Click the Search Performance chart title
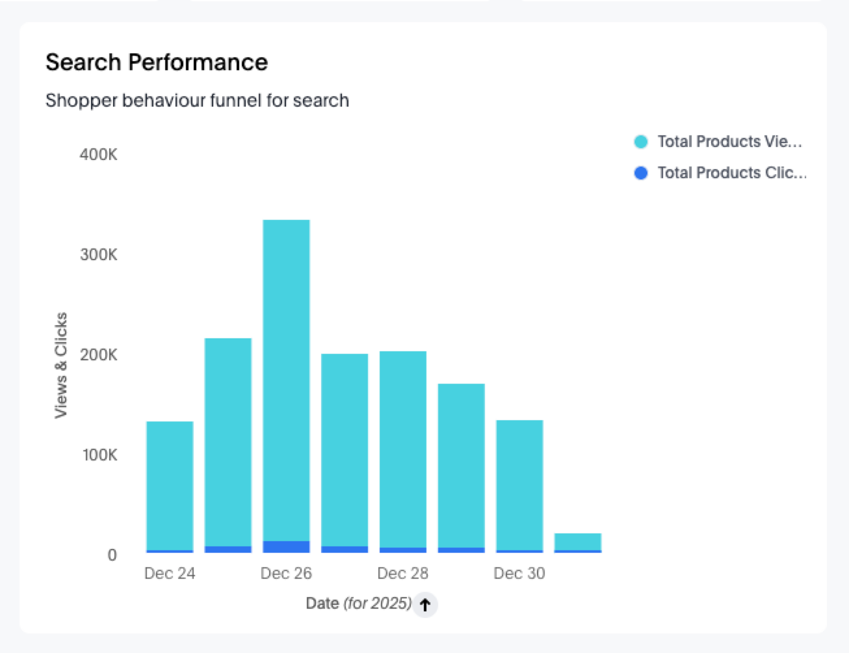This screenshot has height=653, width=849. (157, 62)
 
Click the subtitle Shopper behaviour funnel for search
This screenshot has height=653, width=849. (197, 101)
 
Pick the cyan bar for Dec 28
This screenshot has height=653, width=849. (403, 449)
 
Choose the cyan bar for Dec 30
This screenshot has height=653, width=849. (519, 485)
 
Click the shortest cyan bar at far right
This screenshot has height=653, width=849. (578, 541)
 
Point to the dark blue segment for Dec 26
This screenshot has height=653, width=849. (286, 547)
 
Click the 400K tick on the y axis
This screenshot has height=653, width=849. (99, 155)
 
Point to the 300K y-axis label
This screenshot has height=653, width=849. (99, 255)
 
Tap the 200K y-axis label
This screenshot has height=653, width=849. (99, 355)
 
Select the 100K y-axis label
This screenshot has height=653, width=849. (99, 455)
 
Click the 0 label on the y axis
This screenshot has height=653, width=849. (112, 555)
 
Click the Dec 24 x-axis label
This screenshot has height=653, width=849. (170, 574)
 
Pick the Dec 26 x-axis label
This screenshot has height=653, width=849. (286, 574)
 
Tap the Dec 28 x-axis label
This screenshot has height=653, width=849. (403, 574)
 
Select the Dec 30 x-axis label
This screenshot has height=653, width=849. (519, 574)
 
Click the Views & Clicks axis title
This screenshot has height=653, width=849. (61, 366)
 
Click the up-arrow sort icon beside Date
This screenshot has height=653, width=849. (425, 605)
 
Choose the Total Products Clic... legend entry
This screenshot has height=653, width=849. (722, 173)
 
